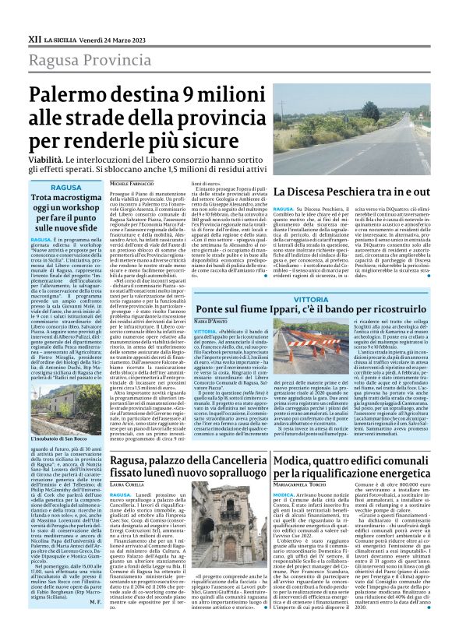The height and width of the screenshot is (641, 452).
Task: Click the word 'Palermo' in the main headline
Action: click(75, 96)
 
